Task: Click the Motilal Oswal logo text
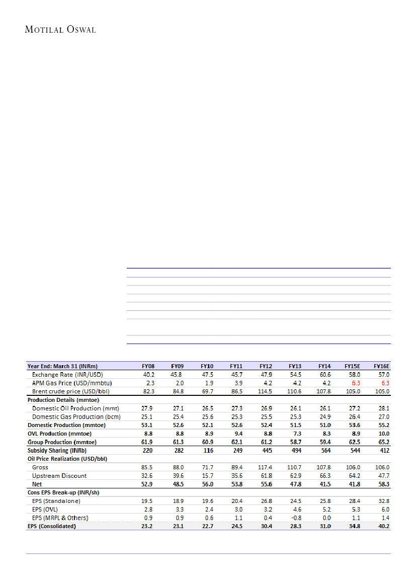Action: tap(60, 29)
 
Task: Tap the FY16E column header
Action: tap(383, 366)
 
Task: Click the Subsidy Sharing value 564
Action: tap(325, 451)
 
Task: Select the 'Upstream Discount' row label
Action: tap(59, 475)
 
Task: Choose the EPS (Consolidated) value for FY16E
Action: tap(383, 526)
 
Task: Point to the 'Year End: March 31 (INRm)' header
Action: tap(62, 366)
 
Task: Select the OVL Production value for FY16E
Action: tap(384, 434)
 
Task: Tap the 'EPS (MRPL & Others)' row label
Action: tap(59, 518)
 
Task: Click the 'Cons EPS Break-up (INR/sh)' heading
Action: tap(63, 492)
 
